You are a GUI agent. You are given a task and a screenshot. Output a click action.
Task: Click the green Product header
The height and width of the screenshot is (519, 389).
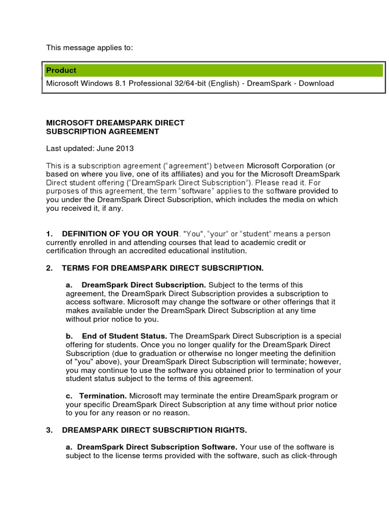tap(213, 70)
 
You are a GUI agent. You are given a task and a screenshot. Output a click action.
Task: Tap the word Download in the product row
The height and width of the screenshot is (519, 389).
tap(316, 83)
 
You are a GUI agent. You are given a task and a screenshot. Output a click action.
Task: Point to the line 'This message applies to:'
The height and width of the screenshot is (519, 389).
tap(90, 48)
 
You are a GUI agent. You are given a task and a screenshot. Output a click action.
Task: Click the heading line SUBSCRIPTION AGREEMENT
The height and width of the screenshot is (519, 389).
tap(102, 132)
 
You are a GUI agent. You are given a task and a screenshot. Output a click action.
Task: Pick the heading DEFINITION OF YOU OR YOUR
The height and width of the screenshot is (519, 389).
tap(120, 234)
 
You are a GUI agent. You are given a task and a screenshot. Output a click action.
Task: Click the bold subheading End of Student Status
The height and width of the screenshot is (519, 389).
tap(124, 336)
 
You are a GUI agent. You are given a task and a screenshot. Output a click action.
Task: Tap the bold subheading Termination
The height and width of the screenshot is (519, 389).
tap(104, 396)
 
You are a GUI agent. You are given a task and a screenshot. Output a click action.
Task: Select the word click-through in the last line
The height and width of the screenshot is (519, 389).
tap(315, 456)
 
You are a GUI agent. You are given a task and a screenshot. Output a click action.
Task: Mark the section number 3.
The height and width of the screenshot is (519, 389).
tap(49, 430)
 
